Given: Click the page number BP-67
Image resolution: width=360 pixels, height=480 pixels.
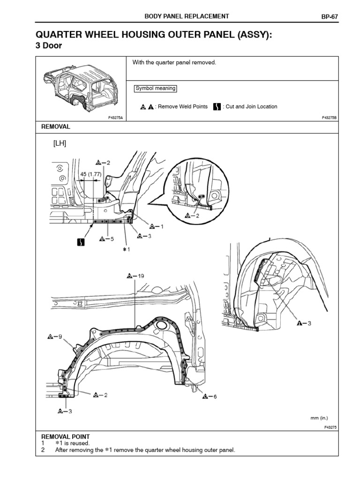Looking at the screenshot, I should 330,16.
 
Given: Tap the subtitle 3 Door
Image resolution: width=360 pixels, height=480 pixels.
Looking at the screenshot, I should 49,45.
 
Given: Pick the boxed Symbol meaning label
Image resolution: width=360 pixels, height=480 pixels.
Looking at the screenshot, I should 155,89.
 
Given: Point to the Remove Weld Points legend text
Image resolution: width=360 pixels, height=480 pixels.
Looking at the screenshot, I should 182,107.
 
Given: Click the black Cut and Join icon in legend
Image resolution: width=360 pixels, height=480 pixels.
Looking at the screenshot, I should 217,106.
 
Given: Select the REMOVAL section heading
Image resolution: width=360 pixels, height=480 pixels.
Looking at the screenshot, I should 56,127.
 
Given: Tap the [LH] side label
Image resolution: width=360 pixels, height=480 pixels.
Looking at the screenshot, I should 60,144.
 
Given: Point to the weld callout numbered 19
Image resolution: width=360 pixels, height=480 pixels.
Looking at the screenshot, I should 135,276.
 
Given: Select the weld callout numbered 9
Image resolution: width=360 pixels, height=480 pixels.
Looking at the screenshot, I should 55,337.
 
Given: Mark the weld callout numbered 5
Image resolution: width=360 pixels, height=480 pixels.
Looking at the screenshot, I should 107,239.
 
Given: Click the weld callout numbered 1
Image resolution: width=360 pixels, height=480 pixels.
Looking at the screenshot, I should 157,226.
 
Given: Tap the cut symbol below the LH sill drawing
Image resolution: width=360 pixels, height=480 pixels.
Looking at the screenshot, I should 81,242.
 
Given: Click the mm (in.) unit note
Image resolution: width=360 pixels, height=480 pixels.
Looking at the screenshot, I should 318,418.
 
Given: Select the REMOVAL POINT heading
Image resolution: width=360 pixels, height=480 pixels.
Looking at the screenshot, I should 65,436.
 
